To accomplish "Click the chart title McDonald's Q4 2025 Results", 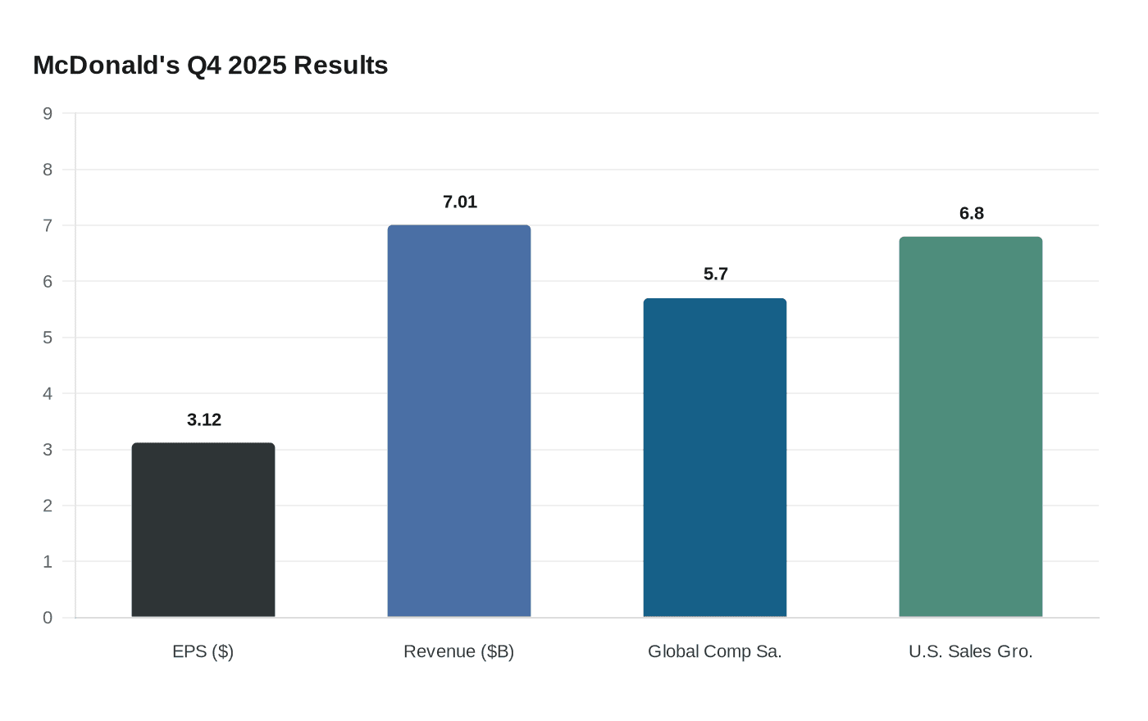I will (210, 65).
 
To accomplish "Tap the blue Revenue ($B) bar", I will (459, 421).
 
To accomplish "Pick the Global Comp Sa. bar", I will (715, 458).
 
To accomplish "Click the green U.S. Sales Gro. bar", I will (971, 427).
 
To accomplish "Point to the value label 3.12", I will (204, 420).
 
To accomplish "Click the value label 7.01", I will (460, 202).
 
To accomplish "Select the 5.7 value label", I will (716, 274).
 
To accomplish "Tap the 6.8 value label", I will (972, 214).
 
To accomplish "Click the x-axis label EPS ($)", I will (203, 652).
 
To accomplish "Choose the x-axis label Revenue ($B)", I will (459, 652).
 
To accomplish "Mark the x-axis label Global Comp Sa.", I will (715, 652).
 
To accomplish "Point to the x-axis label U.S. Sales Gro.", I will (971, 652).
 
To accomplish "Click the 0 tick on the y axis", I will (48, 618).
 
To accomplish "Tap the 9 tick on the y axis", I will (48, 114).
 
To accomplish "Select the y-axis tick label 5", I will (48, 338).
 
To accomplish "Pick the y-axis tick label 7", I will (48, 226).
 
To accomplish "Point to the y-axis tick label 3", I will (48, 450).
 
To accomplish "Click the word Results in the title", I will (340, 65).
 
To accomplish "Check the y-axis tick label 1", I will (48, 562).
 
